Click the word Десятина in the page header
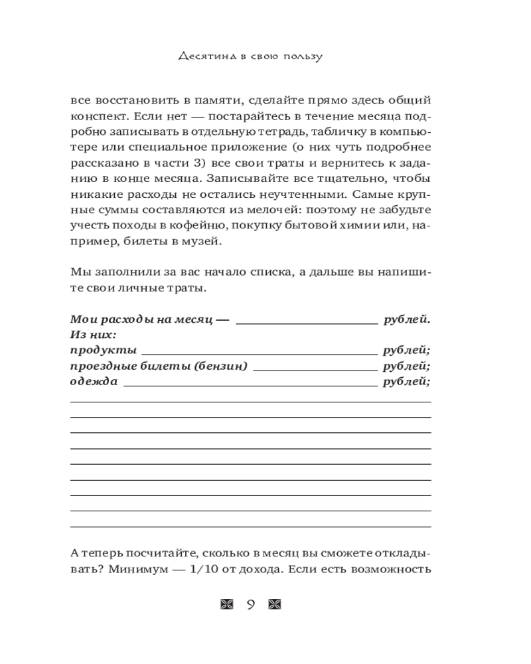point(207,56)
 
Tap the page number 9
point(251,604)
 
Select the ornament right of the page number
point(275,604)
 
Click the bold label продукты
point(103,350)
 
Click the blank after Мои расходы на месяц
point(306,320)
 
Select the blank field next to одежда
point(250,384)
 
